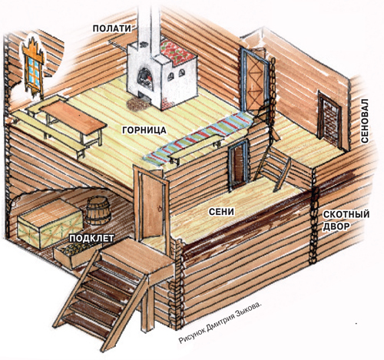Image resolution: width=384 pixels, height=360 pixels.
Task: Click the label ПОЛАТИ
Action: pyautogui.click(x=111, y=28)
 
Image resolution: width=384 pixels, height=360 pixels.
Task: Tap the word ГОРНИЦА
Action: pyautogui.click(x=144, y=130)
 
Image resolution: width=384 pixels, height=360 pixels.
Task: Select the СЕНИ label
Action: pyautogui.click(x=221, y=212)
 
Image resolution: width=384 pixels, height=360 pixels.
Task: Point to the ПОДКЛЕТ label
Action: pyautogui.click(x=91, y=239)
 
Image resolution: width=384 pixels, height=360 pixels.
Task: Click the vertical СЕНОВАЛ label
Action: pyautogui.click(x=364, y=121)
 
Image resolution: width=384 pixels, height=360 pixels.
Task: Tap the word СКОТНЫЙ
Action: pyautogui.click(x=346, y=214)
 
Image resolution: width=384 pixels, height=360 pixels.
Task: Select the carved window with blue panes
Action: pyautogui.click(x=33, y=68)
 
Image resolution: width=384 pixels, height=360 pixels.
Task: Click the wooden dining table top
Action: pyautogui.click(x=73, y=117)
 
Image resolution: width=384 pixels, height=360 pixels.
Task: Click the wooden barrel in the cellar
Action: pyautogui.click(x=98, y=211)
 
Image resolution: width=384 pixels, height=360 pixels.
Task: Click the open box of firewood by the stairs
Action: pyautogui.click(x=77, y=254)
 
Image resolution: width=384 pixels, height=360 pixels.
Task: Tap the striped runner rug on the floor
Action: pyautogui.click(x=197, y=137)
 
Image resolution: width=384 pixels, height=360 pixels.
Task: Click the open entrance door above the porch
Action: pyautogui.click(x=152, y=206)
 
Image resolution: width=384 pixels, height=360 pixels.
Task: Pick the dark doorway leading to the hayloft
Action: pyautogui.click(x=330, y=121)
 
